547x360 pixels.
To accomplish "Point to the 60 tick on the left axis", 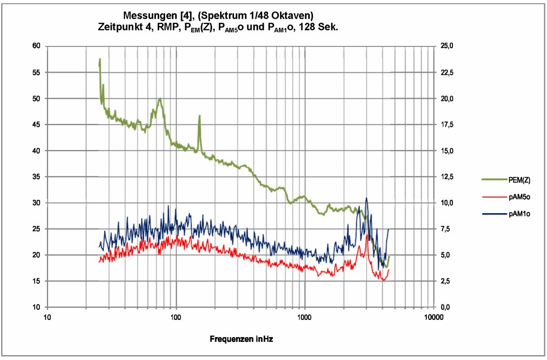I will (x=36, y=46).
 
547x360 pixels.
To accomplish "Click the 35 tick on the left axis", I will (x=36, y=177).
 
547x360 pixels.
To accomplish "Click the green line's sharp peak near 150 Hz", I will (x=199, y=115).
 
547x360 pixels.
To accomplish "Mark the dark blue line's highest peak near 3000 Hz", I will (x=366, y=198).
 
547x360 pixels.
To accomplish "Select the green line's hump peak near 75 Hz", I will (x=159, y=99).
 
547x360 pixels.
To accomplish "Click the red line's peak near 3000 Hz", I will (x=367, y=234).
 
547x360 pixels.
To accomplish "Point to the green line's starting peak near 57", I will (x=100, y=59).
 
